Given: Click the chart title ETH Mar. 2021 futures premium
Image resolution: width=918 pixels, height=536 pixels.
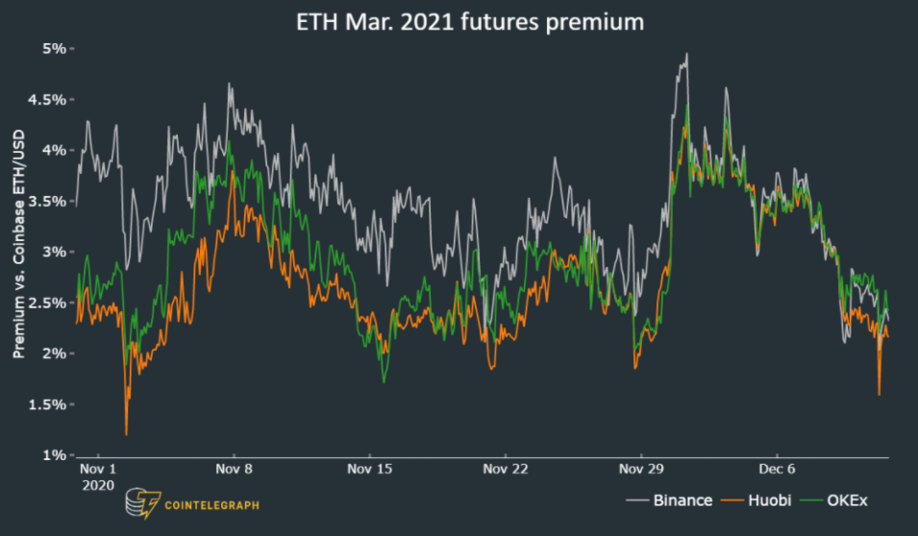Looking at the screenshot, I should (469, 22).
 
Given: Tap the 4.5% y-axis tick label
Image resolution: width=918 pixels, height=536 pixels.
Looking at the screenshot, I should (48, 99).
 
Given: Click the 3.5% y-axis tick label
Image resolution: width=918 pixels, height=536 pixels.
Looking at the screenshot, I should (48, 201).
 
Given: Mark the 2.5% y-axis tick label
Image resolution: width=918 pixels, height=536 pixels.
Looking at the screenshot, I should (48, 303).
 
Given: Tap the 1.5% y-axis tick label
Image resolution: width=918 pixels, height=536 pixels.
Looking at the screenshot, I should (48, 404).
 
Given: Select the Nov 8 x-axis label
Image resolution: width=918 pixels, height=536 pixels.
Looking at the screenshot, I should (234, 470).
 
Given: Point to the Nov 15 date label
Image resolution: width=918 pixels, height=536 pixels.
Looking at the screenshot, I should (369, 470).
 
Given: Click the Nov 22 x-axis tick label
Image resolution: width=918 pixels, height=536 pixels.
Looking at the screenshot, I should (505, 470).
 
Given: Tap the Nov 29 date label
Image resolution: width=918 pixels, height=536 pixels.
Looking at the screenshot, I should (641, 470).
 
